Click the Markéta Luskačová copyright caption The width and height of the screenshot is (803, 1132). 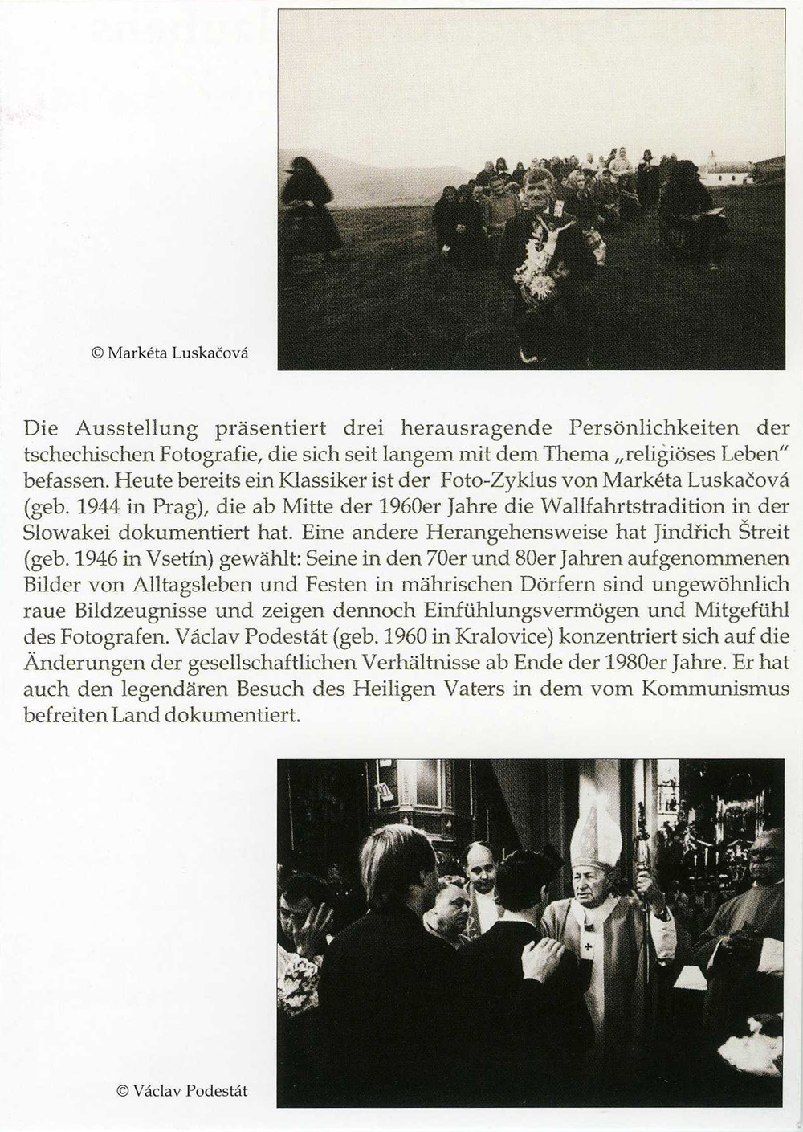coord(170,352)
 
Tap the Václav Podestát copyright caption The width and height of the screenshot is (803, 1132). coord(181,1091)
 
